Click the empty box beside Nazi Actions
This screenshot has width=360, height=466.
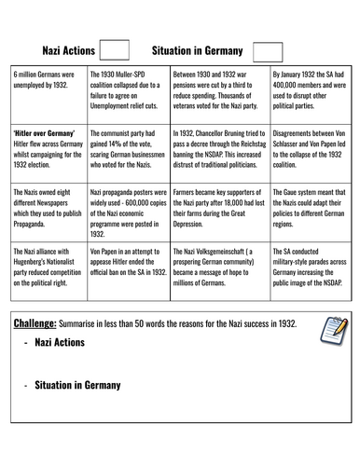click(113, 49)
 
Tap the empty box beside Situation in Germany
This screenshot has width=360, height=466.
click(267, 51)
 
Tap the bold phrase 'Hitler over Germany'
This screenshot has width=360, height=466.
click(39, 132)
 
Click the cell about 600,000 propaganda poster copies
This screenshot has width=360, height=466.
click(131, 212)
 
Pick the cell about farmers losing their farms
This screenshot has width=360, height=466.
click(219, 212)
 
